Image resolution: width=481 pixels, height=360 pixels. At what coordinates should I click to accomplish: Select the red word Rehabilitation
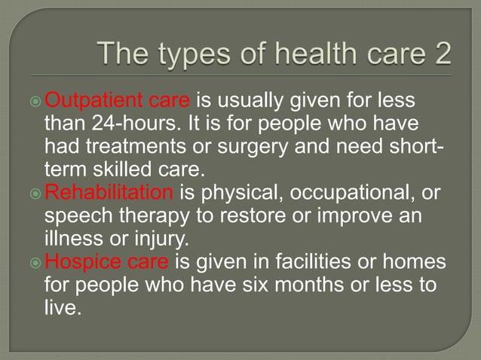pos(109,192)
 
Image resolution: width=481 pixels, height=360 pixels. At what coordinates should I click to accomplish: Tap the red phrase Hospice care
pos(109,263)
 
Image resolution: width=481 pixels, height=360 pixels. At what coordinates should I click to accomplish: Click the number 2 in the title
pos(442,55)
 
